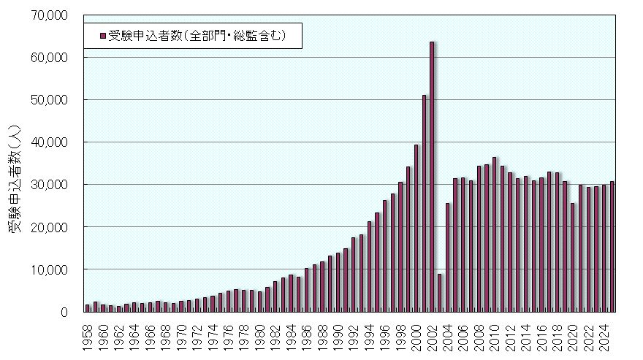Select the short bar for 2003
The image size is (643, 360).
point(440,293)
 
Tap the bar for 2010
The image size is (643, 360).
point(495,234)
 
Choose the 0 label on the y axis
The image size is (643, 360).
point(64,312)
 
